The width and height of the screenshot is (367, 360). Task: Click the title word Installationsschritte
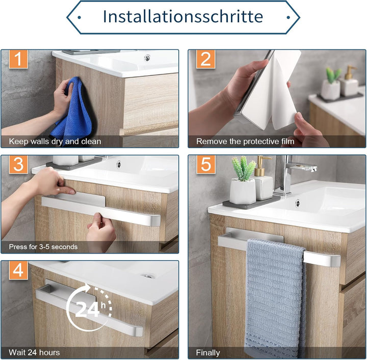(x=183, y=16)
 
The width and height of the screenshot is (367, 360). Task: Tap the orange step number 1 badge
(x=18, y=59)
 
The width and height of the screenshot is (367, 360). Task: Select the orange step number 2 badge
(x=206, y=59)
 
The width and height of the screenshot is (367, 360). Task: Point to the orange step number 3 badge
(x=18, y=164)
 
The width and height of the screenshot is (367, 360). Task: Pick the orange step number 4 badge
(x=18, y=270)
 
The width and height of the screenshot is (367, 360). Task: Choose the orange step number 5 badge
(x=206, y=164)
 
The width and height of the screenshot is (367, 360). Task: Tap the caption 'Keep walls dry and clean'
(x=55, y=142)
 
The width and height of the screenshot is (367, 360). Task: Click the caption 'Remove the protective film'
(x=245, y=142)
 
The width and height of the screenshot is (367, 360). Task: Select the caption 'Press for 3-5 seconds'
(x=43, y=247)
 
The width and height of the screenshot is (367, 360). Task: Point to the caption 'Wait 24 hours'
(x=34, y=352)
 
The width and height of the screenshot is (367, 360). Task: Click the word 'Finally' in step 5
(x=208, y=353)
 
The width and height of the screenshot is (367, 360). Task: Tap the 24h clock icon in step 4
(x=89, y=308)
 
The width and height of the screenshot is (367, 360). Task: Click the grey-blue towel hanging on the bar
(x=275, y=298)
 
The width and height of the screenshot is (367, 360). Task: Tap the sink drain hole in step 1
(x=147, y=58)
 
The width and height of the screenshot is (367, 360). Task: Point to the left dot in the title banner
(x=79, y=17)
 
